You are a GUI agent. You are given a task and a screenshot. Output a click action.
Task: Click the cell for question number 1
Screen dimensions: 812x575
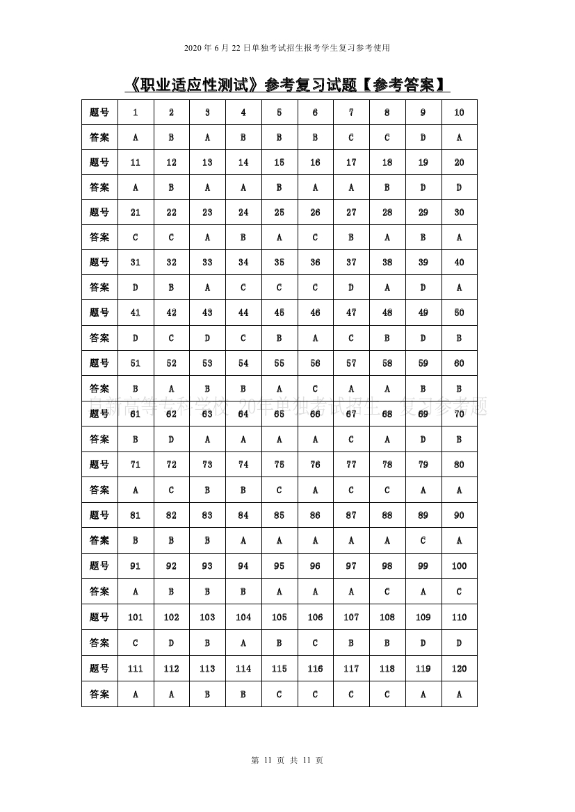pos(135,113)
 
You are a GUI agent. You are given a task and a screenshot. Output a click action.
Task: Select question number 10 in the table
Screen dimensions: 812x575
pos(459,113)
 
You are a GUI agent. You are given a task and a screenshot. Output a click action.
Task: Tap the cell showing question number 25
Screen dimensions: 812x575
pos(279,213)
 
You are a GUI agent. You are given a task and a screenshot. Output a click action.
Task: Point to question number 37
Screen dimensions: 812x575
pos(351,263)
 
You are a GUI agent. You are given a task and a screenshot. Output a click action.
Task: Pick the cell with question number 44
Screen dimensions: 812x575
pos(243,313)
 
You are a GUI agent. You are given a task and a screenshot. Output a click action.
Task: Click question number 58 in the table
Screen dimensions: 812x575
pos(387,363)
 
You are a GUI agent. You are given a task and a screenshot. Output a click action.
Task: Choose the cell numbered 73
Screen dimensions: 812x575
pos(207,465)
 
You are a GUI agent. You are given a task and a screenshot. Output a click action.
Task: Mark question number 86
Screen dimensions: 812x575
pos(315,515)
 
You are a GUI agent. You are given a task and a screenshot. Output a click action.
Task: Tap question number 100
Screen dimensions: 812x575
pos(459,566)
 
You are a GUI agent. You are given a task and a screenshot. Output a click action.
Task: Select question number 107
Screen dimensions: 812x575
pos(351,617)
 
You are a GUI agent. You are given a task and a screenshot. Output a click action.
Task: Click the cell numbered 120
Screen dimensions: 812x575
pos(459,669)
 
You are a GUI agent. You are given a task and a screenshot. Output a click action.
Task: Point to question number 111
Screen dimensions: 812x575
pos(135,669)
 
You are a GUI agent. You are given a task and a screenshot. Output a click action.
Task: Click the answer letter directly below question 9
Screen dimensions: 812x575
pos(423,138)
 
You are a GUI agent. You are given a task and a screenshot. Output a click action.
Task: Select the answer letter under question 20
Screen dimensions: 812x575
pos(459,188)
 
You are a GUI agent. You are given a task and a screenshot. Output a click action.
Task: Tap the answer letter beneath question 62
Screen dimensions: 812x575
pos(171,439)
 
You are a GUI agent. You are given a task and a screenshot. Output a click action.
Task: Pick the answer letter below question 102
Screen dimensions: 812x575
pos(171,643)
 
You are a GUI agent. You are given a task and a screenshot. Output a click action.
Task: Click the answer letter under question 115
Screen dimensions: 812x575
pos(279,694)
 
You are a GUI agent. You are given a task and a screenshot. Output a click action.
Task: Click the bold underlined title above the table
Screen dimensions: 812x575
pos(287,85)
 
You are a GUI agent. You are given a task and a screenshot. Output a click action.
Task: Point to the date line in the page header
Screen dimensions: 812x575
pos(287,48)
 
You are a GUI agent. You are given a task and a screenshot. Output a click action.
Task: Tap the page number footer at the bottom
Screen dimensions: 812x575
pos(287,760)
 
